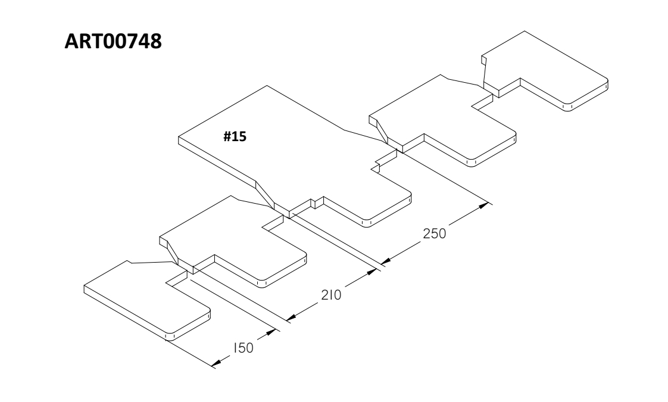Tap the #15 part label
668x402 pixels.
pos(235,136)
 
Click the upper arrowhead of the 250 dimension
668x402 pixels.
pos(486,205)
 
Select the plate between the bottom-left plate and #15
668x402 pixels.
pos(232,238)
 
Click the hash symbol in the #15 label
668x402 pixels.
pos(227,136)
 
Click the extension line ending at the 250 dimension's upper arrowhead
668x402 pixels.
pos(447,179)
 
